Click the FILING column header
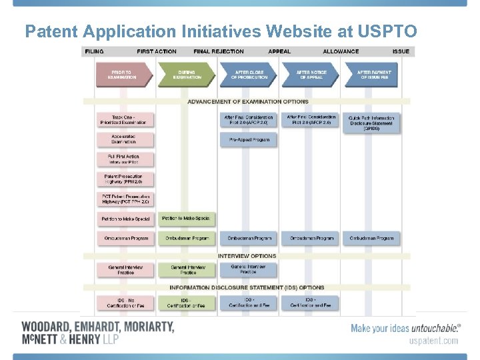(x=93, y=51)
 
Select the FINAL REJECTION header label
(x=219, y=51)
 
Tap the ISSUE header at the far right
(x=401, y=51)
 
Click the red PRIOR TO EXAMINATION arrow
(x=122, y=75)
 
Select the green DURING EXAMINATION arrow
(x=187, y=75)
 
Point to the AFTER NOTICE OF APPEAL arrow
(x=309, y=75)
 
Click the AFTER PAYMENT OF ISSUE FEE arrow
(x=374, y=75)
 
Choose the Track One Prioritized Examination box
(x=125, y=121)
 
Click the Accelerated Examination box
(x=125, y=139)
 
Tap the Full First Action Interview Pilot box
(x=125, y=159)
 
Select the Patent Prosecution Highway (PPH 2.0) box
(x=125, y=179)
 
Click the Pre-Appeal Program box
(x=249, y=140)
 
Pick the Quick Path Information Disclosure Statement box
(x=371, y=123)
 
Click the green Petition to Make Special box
(x=186, y=219)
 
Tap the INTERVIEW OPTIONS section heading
(x=247, y=256)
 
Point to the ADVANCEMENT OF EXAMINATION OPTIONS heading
(x=248, y=102)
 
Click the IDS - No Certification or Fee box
(x=125, y=303)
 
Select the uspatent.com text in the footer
(x=433, y=341)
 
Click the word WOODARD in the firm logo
(x=46, y=327)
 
